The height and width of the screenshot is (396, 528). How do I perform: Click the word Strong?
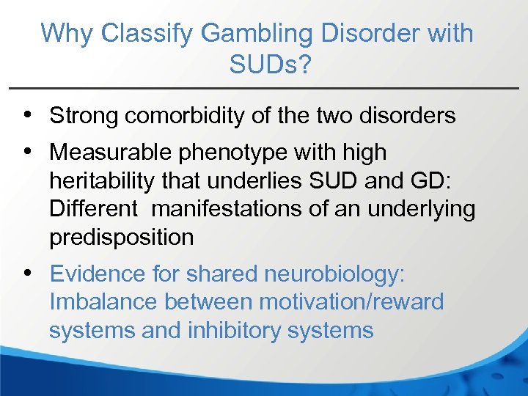pos(86,115)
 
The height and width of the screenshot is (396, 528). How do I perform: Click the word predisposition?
pos(122,237)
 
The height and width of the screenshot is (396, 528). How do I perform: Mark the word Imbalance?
pos(103,302)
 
